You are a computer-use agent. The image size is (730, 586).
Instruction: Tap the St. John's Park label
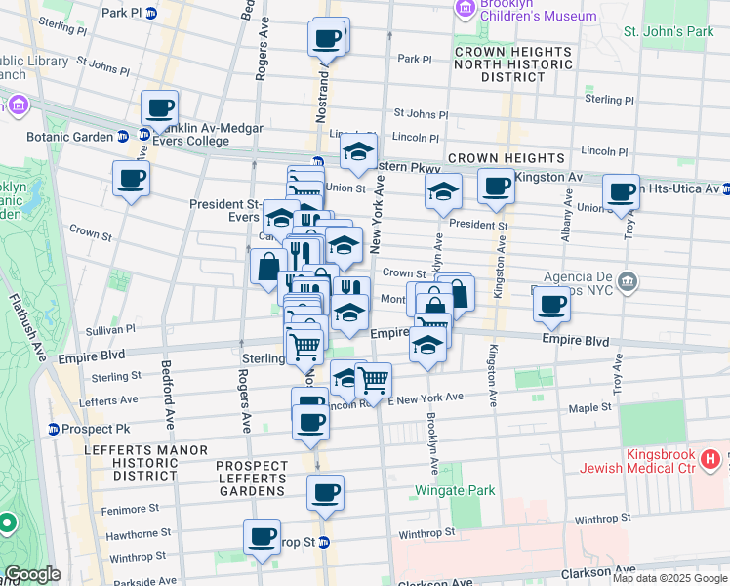tap(669, 31)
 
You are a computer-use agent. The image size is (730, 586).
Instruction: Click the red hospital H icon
tap(710, 457)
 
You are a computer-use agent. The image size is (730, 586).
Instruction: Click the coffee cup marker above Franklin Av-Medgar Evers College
tap(158, 109)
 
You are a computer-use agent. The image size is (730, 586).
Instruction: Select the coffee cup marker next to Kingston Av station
tap(496, 186)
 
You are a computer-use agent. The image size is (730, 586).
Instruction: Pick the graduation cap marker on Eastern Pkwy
tap(358, 151)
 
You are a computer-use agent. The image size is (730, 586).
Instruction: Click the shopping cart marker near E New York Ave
tap(373, 379)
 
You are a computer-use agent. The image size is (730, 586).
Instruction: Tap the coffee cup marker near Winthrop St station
tap(262, 536)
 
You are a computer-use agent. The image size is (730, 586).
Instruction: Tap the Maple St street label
tap(590, 406)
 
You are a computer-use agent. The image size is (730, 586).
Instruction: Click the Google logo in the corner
tap(32, 574)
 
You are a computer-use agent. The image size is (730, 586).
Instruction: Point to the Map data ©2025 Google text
tap(669, 578)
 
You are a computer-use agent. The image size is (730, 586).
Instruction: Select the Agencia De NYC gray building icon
tap(628, 283)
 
